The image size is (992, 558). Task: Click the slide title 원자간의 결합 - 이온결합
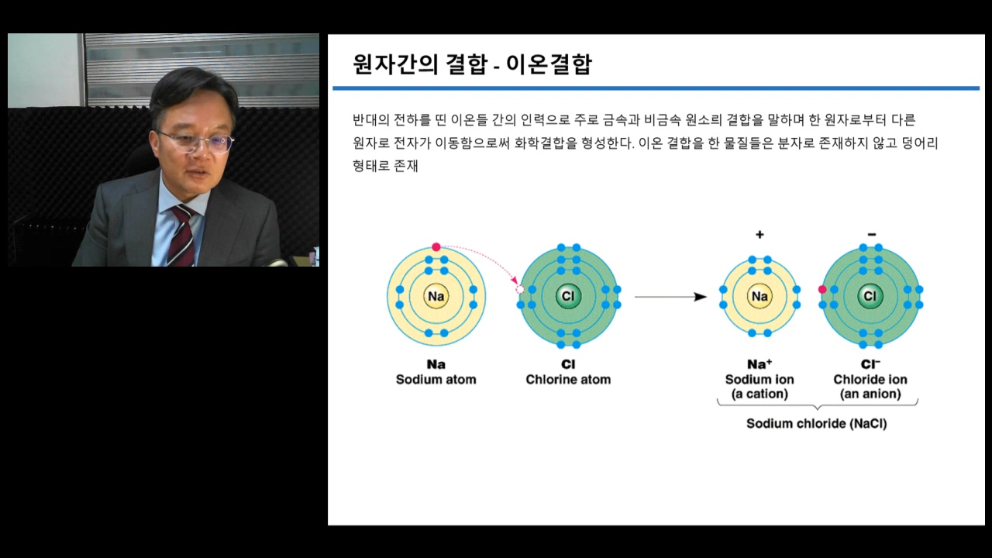click(472, 64)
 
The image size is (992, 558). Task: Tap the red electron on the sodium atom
click(436, 247)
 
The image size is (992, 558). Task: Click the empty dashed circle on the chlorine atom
click(520, 290)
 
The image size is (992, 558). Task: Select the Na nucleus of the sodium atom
click(436, 296)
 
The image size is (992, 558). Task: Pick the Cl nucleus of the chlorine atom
click(568, 296)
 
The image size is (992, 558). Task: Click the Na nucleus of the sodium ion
click(760, 296)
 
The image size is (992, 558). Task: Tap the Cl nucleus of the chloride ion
click(870, 296)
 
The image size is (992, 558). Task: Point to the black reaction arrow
click(670, 297)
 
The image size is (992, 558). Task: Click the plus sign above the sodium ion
click(760, 234)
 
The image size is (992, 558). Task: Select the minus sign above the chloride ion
click(872, 234)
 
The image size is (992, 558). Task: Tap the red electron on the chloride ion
click(822, 290)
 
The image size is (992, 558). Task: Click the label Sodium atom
click(436, 380)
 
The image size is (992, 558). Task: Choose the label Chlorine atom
click(568, 380)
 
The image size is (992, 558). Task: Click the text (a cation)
click(760, 394)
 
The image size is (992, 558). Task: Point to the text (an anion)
click(870, 394)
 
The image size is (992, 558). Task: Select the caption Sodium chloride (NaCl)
click(817, 424)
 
